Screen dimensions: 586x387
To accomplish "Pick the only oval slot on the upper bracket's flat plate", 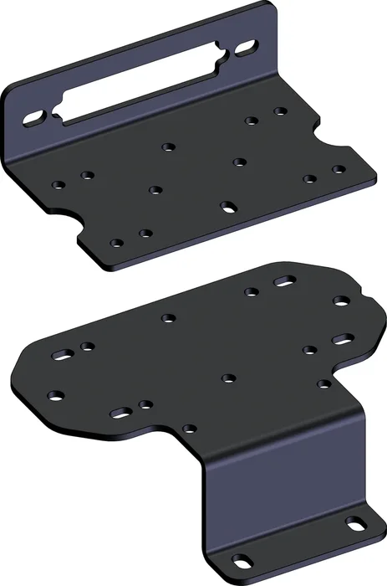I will tap(227, 204).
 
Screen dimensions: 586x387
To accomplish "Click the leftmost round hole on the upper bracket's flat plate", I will tap(57, 185).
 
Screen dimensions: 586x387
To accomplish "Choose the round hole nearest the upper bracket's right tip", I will tap(339, 169).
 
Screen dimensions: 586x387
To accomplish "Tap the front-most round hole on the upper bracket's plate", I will tap(117, 243).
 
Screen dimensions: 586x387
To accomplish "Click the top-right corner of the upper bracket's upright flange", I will tap(272, 8).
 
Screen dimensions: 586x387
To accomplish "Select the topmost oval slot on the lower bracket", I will tap(285, 283).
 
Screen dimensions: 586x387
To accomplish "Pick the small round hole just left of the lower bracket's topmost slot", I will tap(250, 292).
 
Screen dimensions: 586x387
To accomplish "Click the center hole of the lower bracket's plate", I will tap(227, 378).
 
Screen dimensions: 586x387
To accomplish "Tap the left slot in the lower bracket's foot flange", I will tap(242, 559).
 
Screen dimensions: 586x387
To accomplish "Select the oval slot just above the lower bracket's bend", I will tap(120, 412).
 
